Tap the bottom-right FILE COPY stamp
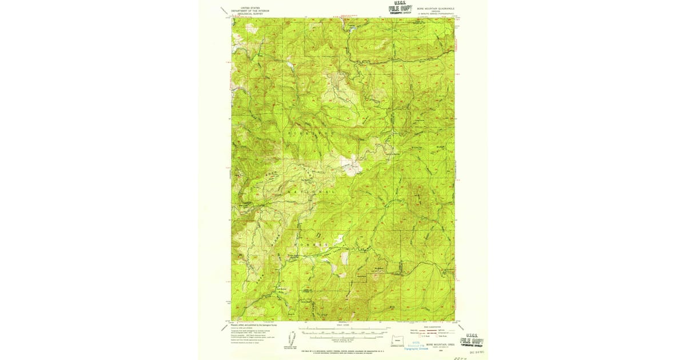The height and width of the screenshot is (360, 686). pyautogui.click(x=474, y=341)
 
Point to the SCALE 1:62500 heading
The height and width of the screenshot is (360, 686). pyautogui.click(x=343, y=327)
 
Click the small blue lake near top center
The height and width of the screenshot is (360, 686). pyautogui.click(x=353, y=26)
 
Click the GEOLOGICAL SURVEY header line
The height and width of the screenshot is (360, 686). pyautogui.click(x=245, y=14)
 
